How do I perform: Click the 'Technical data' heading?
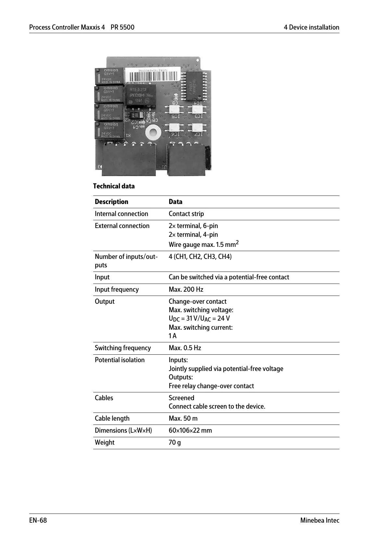coord(114,186)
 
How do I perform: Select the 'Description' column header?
coord(111,202)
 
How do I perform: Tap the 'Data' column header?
coord(175,202)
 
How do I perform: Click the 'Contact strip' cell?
coord(186,214)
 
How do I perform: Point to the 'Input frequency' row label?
coord(117,289)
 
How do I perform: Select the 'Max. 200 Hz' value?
coord(186,289)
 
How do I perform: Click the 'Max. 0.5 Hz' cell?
coord(185,348)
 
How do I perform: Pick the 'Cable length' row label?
coord(112,418)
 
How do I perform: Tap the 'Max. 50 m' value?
coord(183,418)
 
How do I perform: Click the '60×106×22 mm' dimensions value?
coord(190,430)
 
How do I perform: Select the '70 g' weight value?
coord(175,442)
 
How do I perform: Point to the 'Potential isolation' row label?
coord(120,360)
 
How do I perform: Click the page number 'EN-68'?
coord(38,520)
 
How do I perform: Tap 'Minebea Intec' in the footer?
coord(319,520)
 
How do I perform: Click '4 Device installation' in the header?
coord(311,27)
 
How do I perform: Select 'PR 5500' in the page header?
coord(122,27)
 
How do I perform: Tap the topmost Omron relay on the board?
coord(109,76)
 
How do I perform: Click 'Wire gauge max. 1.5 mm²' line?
coord(204,244)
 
